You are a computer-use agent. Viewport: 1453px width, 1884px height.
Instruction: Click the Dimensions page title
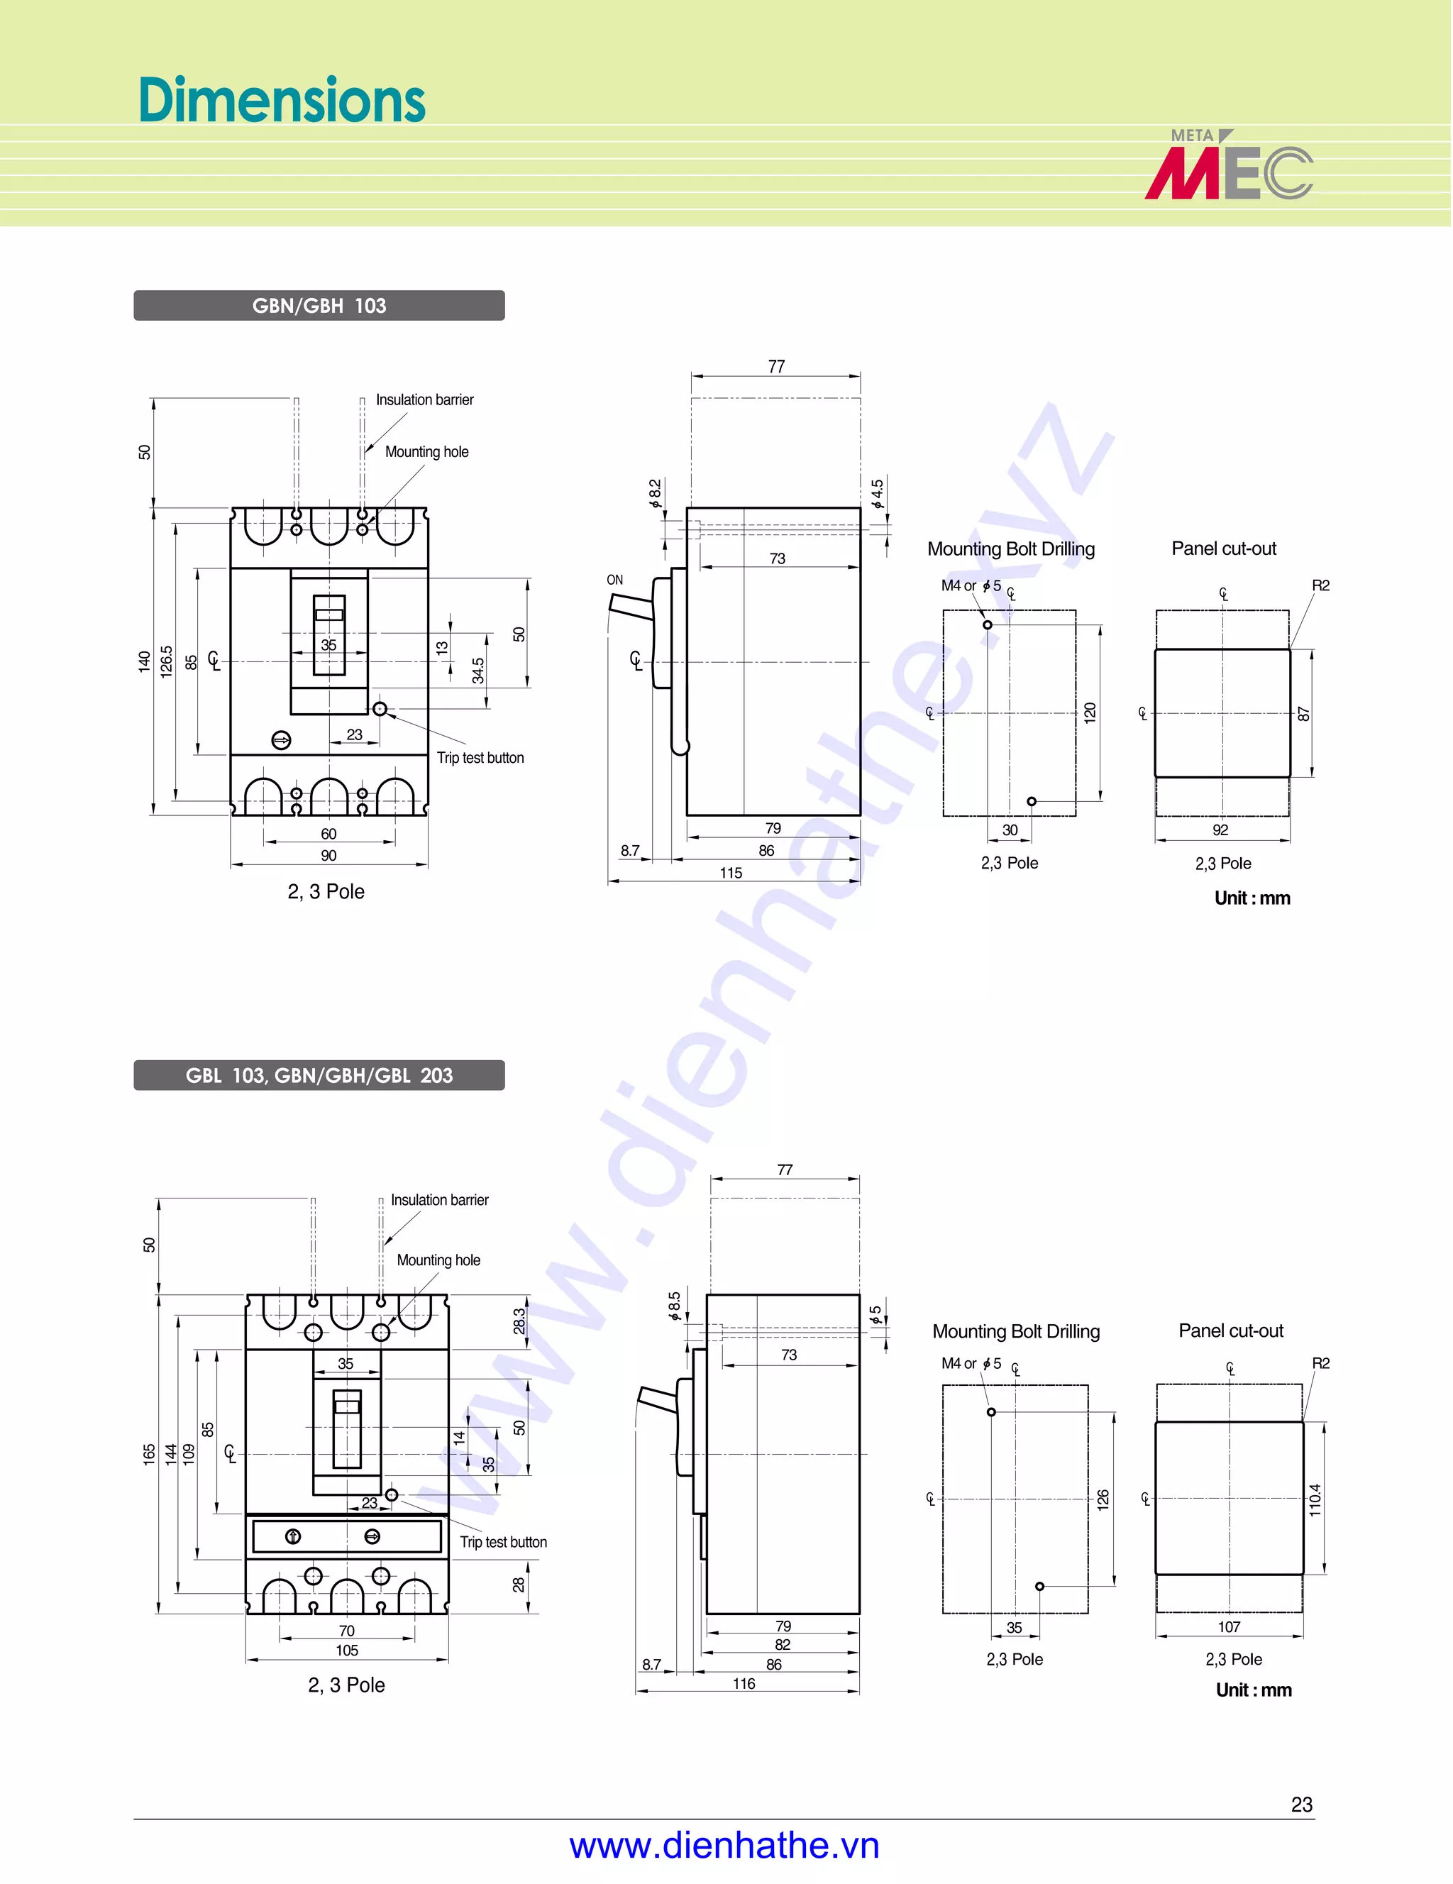281,100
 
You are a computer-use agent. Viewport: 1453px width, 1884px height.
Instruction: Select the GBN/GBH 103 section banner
319,305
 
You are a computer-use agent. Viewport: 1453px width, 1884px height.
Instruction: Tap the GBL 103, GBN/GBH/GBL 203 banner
319,1075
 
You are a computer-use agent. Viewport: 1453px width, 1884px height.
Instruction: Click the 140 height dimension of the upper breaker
144,661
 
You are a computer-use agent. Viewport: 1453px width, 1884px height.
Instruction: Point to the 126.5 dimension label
167,661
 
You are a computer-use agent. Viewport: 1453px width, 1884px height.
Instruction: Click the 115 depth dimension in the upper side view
730,873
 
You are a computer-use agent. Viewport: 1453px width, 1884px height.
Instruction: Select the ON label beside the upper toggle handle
615,580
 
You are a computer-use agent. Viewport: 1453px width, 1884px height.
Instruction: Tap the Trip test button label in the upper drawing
480,757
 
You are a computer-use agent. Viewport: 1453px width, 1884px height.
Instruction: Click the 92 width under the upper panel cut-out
1220,830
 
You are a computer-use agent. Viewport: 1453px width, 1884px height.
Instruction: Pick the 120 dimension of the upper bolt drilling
1090,712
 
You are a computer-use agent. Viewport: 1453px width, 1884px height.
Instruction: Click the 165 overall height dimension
149,1455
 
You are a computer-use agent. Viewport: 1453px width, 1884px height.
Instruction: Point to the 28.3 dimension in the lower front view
519,1321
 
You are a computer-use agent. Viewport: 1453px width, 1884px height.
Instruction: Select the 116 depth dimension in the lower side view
744,1683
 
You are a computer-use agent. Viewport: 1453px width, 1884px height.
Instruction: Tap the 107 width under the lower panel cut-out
1229,1627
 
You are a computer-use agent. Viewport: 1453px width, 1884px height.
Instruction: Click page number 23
1301,1804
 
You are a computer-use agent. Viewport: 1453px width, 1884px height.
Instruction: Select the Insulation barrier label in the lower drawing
439,1200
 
